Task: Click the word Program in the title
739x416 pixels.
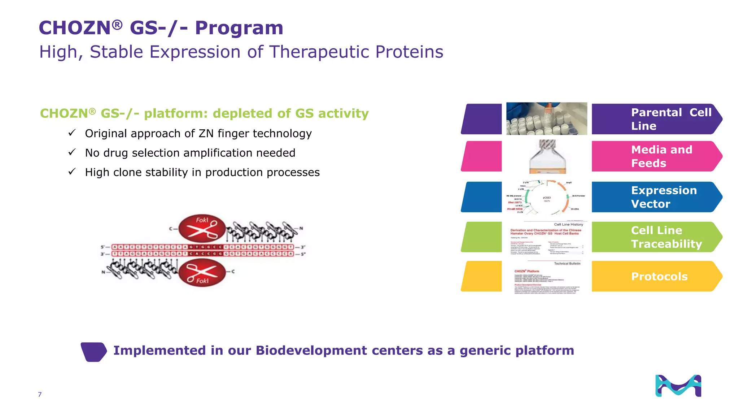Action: point(239,28)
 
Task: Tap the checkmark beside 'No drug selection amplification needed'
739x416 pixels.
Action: point(72,152)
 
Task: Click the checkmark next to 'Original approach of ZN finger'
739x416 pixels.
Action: point(72,133)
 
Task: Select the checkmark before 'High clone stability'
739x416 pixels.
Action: point(72,172)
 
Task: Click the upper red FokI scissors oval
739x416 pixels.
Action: point(202,228)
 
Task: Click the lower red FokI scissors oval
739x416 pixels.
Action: point(202,273)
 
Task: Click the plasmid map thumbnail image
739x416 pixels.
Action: point(546,197)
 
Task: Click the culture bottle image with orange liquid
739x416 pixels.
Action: point(547,157)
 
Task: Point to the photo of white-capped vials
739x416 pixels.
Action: point(546,119)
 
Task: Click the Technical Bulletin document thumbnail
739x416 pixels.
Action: point(547,277)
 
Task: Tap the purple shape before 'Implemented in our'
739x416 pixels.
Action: point(93,352)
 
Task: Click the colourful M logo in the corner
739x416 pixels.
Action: point(678,386)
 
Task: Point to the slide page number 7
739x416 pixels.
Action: point(40,394)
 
